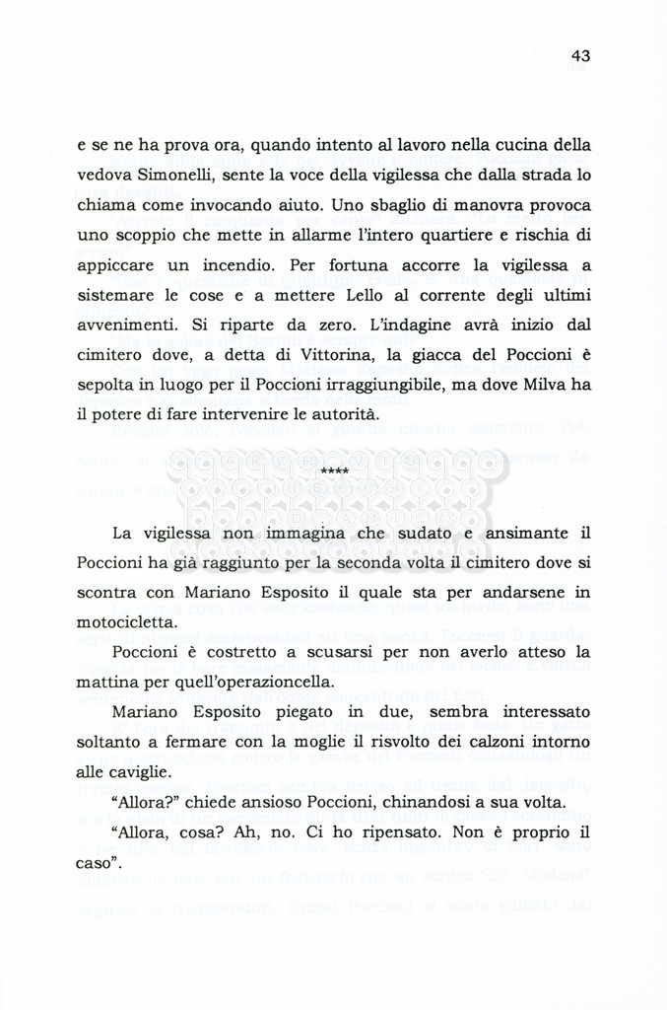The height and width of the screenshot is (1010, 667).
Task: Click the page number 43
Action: click(x=579, y=56)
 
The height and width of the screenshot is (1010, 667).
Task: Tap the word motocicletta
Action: click(x=128, y=622)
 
